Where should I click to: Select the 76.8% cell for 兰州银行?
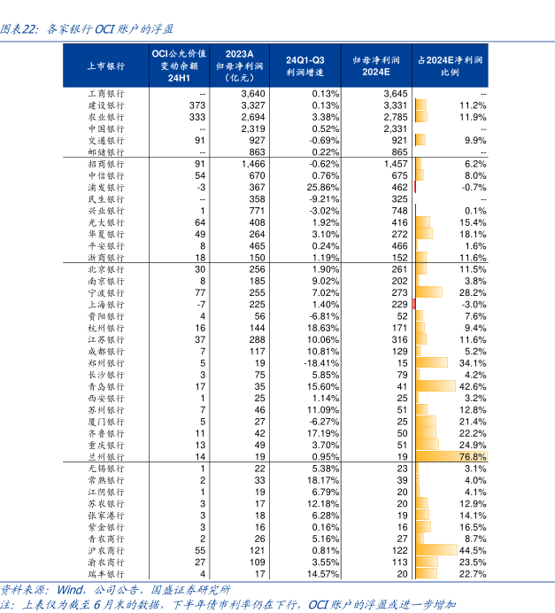click(472, 455)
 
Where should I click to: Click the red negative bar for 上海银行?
click(414, 304)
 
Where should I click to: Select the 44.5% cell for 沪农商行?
click(474, 549)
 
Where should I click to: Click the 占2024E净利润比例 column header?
click(450, 66)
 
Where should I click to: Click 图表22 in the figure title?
click(19, 29)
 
